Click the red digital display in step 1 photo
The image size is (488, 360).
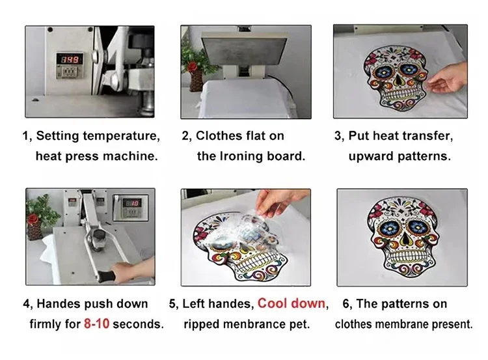click(x=69, y=59)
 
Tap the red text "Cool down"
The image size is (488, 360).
click(x=291, y=303)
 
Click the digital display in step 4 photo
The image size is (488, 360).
click(x=131, y=202)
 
